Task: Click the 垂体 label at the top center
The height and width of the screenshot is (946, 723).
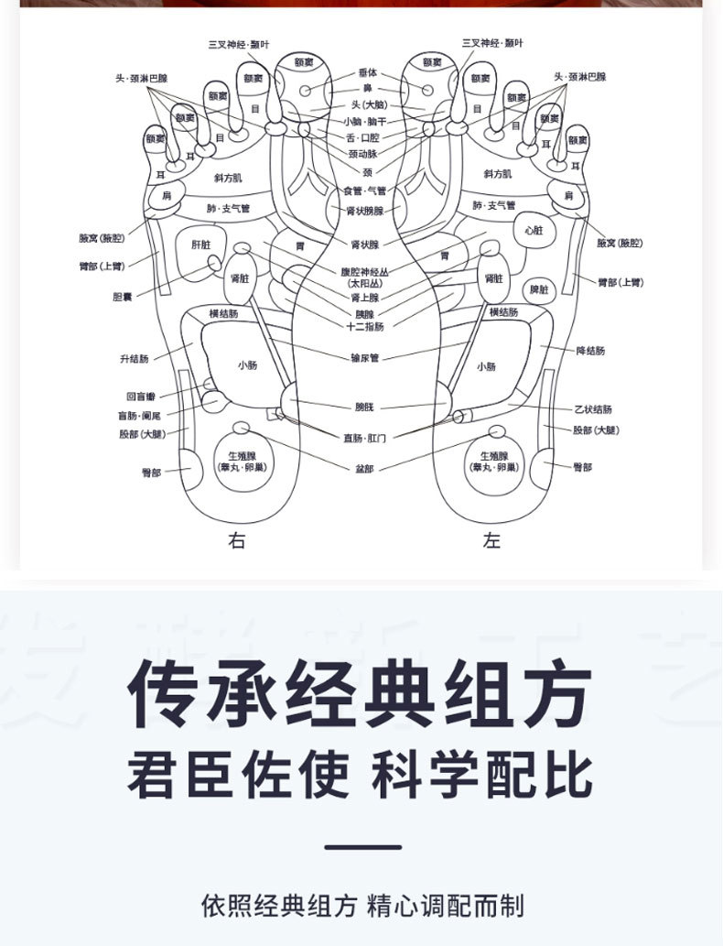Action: coord(367,71)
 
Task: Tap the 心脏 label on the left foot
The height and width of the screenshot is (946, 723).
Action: coord(533,230)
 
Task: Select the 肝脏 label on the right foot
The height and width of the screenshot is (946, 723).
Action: coord(200,245)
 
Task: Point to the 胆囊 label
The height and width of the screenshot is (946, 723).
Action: coord(124,297)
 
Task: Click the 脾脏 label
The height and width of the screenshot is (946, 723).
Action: coord(540,289)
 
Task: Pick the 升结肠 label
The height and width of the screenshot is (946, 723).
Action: coord(134,359)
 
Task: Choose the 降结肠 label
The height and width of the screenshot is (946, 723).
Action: coord(589,351)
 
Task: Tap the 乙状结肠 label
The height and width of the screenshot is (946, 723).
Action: coord(593,408)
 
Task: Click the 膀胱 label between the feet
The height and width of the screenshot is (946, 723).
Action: coord(364,406)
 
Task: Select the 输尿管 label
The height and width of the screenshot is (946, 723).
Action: coord(364,358)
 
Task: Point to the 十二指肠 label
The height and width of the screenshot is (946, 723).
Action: coord(365,326)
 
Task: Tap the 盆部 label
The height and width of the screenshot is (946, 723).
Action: coord(364,468)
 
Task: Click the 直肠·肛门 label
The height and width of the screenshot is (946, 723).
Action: coord(364,438)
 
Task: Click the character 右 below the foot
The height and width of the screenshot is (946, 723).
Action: coord(237,541)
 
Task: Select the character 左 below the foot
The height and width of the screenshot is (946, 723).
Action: coord(492,541)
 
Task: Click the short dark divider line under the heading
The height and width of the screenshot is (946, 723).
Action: coord(362,847)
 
